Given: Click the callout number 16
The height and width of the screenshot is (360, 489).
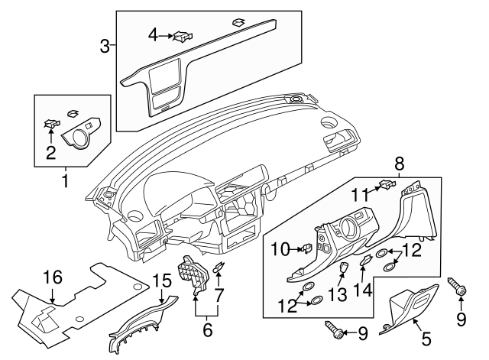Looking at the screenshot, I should (x=52, y=277).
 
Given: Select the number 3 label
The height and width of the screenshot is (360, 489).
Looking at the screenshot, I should (x=105, y=45).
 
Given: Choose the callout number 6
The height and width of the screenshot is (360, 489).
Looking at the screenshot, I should (x=205, y=331).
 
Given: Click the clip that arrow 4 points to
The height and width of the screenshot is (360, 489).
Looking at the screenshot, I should (x=183, y=34).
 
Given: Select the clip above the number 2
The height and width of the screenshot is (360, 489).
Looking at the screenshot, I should (x=52, y=123).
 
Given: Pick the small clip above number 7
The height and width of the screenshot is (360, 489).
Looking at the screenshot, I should (x=219, y=267).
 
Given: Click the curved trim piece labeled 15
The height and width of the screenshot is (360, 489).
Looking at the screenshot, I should (x=138, y=327).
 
